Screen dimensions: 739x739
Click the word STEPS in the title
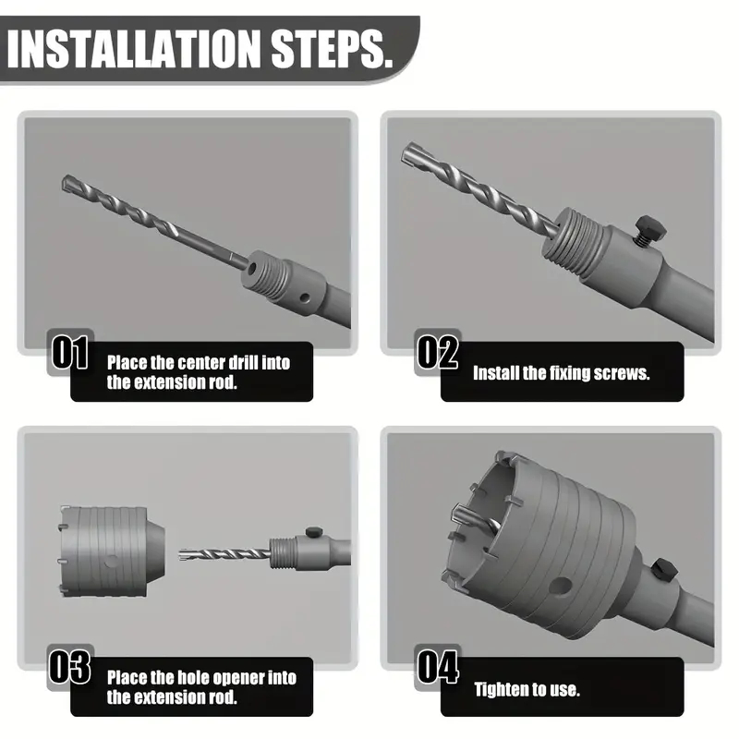332,49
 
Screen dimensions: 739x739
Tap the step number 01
70,352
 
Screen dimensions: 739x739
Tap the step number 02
437,352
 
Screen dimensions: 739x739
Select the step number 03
70,666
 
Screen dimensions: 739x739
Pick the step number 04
437,666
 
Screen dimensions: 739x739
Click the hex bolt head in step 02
650,227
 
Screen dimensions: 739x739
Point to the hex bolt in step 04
663,569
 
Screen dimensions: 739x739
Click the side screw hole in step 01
305,297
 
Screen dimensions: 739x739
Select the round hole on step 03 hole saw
112,562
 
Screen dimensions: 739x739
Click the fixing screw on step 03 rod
312,532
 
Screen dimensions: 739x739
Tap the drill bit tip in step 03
182,554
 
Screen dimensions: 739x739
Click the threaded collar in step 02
574,244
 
